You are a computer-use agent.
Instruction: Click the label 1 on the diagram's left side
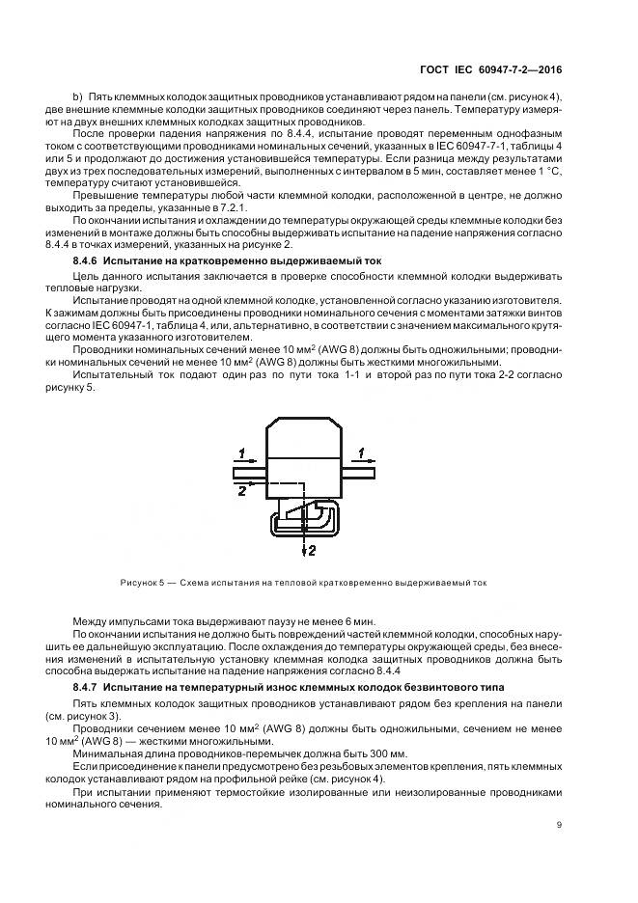243,451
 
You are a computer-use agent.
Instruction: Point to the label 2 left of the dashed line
241,491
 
